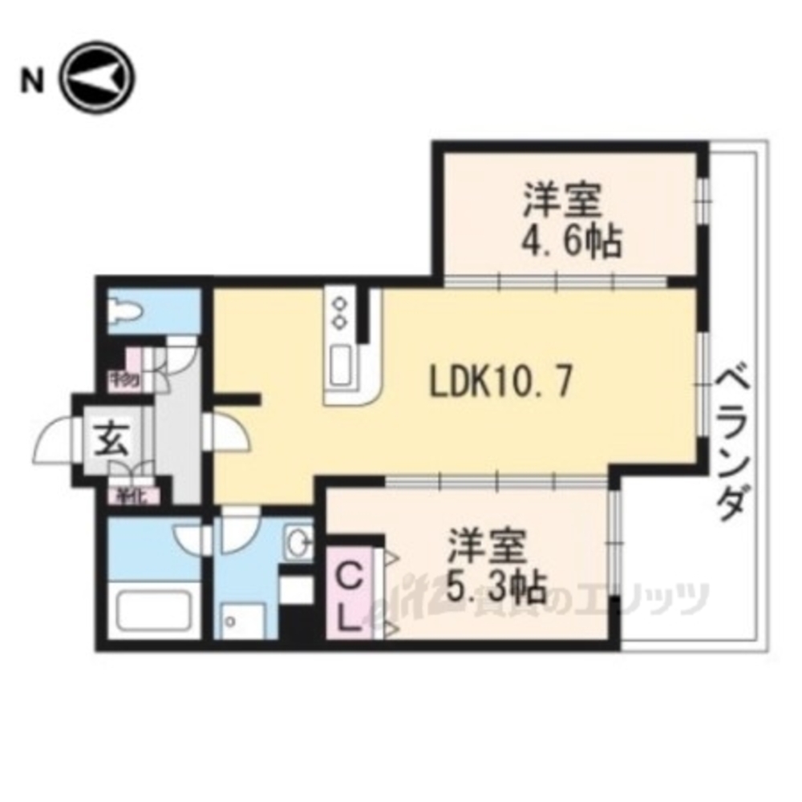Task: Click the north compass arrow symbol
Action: [99, 80]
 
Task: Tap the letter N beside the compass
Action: [31, 81]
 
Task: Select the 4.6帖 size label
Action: [572, 240]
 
